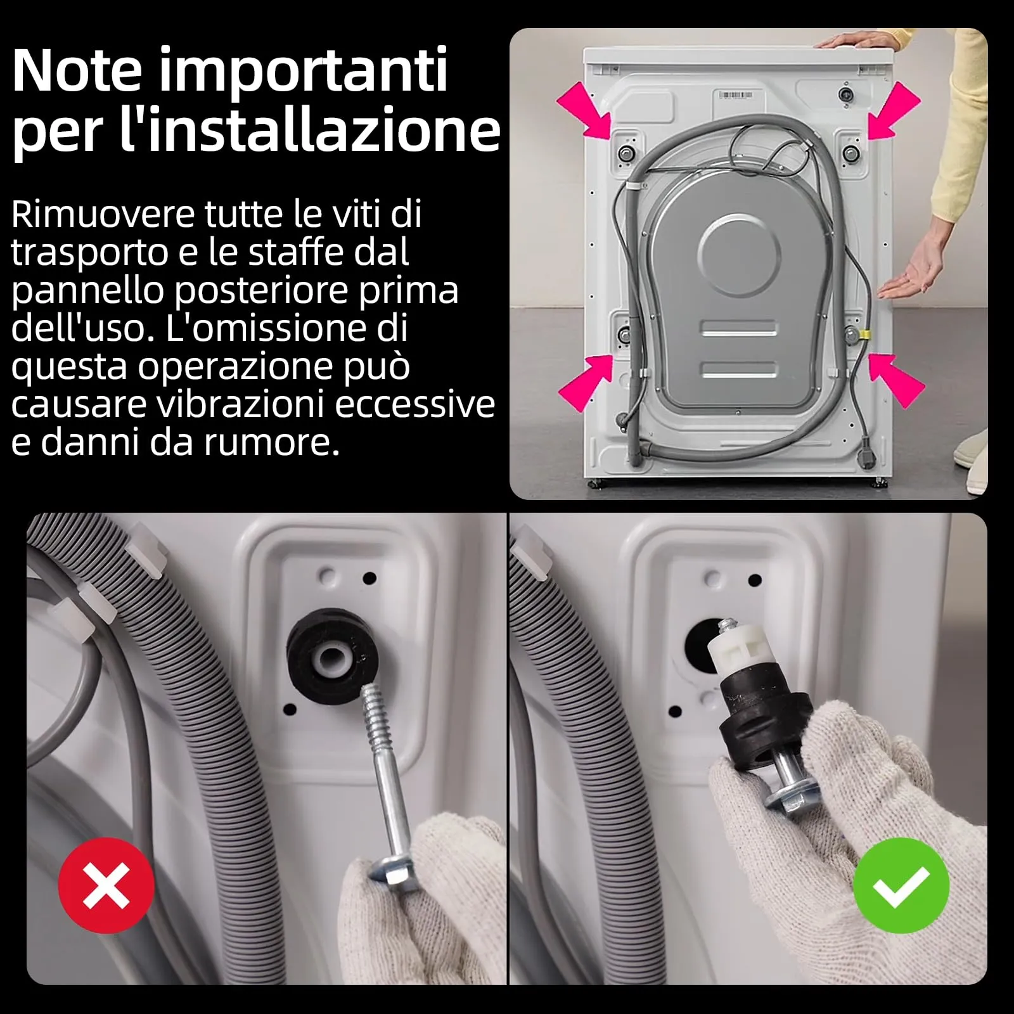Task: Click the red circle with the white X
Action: (106, 885)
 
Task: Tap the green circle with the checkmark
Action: (901, 885)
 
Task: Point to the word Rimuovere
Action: (103, 214)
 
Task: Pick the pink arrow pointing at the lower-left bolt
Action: (586, 382)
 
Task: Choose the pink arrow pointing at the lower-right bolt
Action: (895, 380)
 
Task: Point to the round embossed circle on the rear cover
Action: (739, 255)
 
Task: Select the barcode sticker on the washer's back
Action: (736, 95)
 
